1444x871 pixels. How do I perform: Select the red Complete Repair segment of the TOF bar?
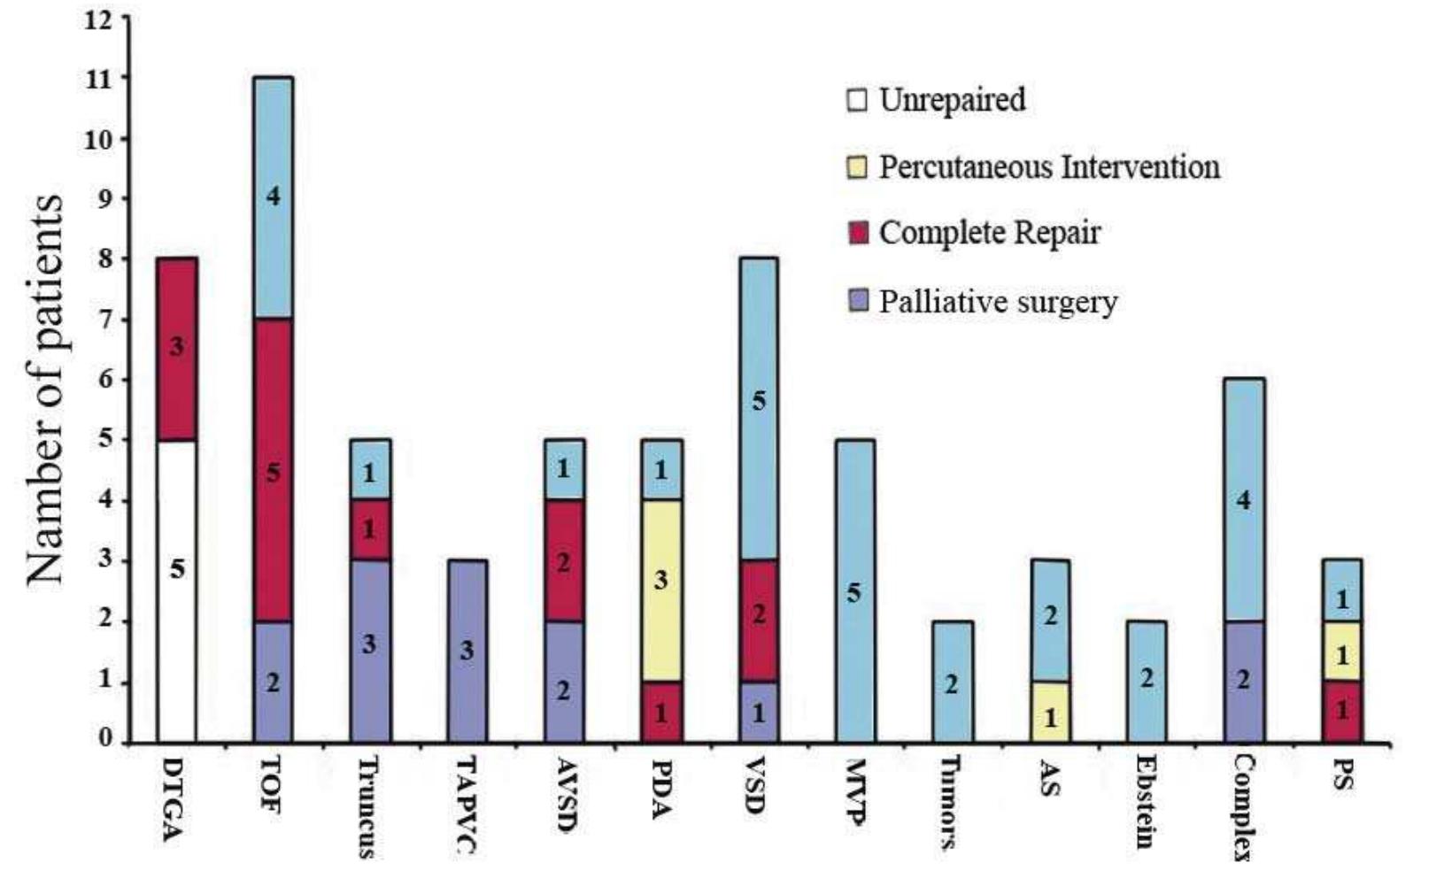pos(273,469)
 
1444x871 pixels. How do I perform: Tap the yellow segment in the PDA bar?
pos(660,590)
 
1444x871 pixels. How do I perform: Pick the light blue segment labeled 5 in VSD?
pos(758,408)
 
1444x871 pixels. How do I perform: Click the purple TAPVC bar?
pos(467,651)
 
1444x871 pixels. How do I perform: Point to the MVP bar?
pos(853,590)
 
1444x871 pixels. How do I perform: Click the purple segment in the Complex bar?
pos(1244,681)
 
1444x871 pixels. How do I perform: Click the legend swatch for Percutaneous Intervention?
pos(857,166)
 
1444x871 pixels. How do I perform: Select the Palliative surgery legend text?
pos(998,302)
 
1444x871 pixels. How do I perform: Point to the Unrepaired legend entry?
pos(952,99)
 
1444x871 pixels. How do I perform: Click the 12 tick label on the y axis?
pos(98,19)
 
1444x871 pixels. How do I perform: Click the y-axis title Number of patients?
pos(45,389)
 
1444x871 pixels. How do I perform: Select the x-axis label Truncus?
pos(367,807)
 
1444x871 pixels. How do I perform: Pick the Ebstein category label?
pos(1147,802)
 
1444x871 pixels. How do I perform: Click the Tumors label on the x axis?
pos(950,803)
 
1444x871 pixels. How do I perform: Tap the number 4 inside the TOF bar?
pos(274,196)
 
